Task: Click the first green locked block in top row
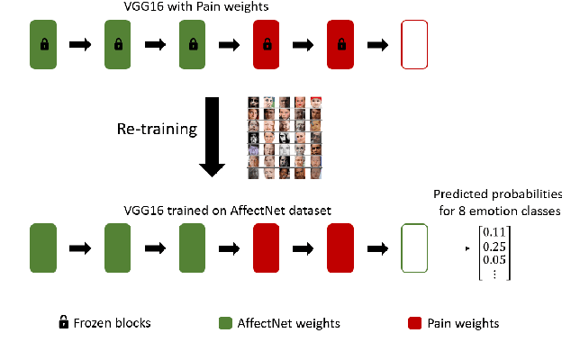click(43, 43)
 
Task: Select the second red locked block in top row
click(341, 43)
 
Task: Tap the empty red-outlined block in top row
click(415, 43)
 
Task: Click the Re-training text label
click(156, 129)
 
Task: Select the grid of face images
click(285, 138)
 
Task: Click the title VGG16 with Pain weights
click(209, 8)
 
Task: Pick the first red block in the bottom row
click(267, 247)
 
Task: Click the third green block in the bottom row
click(193, 247)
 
